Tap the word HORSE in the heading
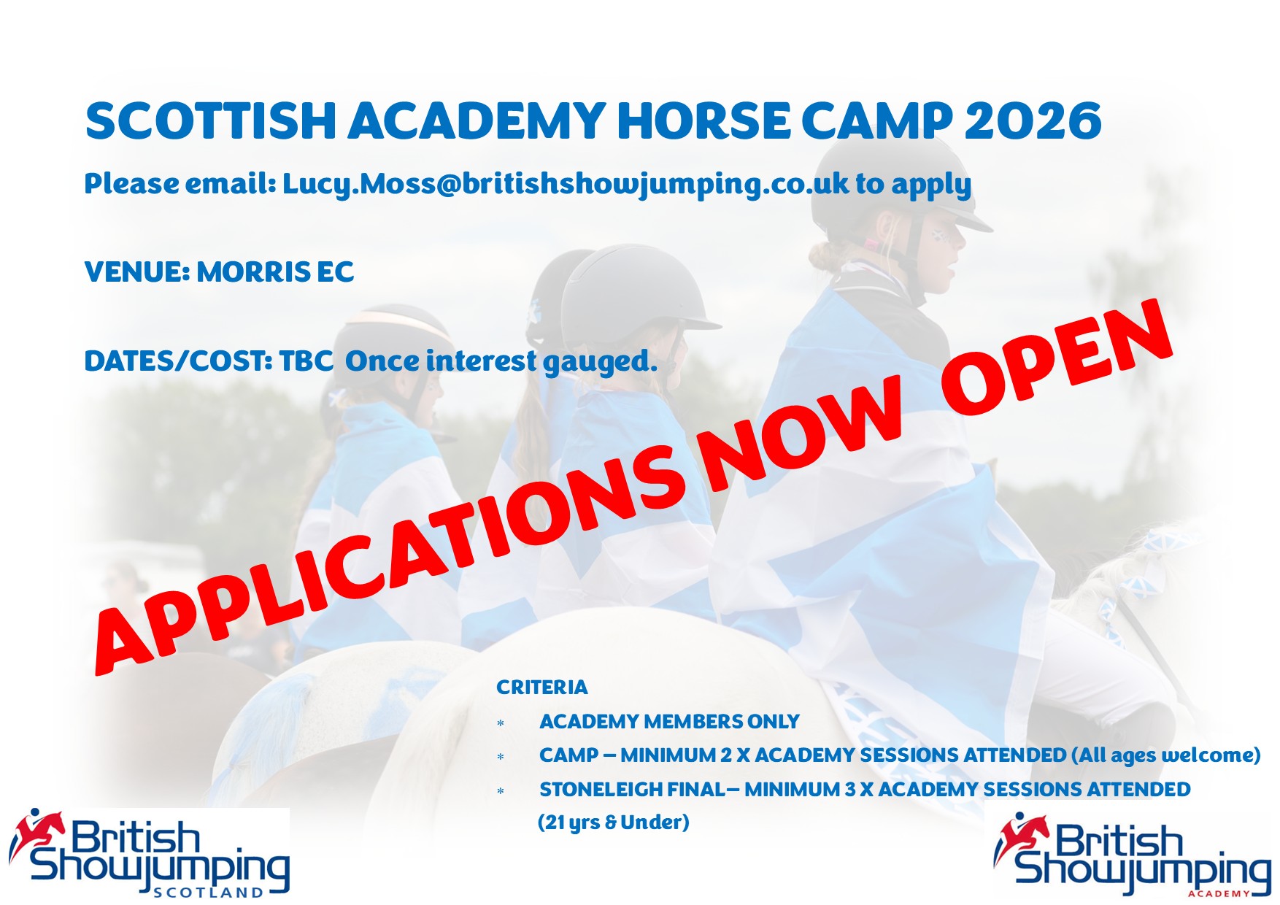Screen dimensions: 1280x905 click(x=703, y=120)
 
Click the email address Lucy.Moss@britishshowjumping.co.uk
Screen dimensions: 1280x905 click(x=566, y=185)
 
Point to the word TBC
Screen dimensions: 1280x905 click(x=306, y=361)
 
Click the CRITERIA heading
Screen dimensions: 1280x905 click(x=541, y=688)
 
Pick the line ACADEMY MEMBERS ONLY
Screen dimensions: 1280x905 click(x=669, y=722)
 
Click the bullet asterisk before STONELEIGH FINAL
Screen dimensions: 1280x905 click(x=501, y=791)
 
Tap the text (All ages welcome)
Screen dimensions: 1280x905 click(x=1166, y=755)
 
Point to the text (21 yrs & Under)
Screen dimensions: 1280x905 click(x=614, y=823)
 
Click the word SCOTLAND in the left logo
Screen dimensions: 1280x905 click(x=209, y=893)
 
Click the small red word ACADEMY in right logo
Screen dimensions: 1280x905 click(x=1219, y=894)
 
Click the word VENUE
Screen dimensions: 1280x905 click(x=137, y=272)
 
